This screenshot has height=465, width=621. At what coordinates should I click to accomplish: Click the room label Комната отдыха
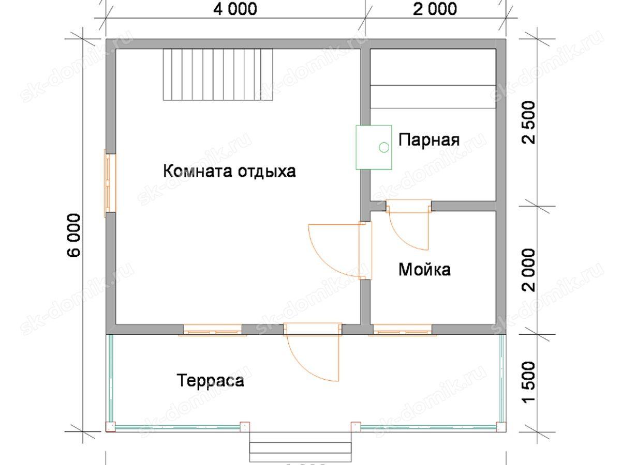click(229, 171)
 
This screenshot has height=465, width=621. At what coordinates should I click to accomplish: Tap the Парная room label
click(429, 139)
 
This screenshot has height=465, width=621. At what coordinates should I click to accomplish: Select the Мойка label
click(424, 269)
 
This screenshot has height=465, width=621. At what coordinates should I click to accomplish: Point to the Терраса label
click(211, 381)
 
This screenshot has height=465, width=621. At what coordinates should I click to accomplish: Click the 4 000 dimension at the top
click(234, 9)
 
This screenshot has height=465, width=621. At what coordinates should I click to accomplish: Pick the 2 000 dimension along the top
click(434, 9)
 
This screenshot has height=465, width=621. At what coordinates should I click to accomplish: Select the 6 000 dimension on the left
click(74, 235)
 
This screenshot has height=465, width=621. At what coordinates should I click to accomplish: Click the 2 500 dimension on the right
click(529, 122)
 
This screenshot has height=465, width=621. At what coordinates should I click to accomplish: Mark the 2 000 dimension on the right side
click(529, 269)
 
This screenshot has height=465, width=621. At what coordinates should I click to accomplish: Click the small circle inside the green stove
click(383, 147)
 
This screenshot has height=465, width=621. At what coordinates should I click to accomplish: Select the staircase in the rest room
click(218, 74)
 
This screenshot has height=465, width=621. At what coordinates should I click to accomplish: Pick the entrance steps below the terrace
click(301, 447)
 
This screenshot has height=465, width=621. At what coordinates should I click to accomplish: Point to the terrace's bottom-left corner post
click(110, 427)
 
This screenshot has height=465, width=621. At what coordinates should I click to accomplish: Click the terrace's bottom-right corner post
click(500, 427)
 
